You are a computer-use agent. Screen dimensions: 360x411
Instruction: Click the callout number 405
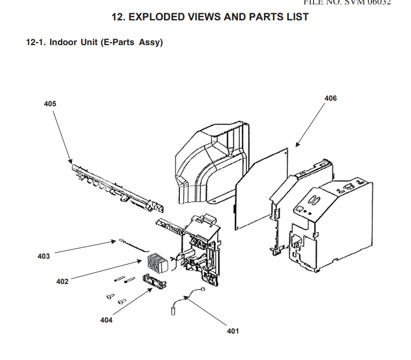tap(50, 103)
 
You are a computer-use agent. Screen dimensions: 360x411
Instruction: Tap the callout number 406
tap(331, 98)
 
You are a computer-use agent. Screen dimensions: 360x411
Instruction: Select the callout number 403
tap(43, 256)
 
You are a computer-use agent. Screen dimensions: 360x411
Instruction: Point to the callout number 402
tap(62, 281)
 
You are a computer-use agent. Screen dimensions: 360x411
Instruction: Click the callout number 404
tap(106, 320)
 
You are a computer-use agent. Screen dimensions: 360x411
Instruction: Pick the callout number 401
tap(233, 331)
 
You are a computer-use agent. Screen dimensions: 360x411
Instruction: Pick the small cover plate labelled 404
tap(156, 280)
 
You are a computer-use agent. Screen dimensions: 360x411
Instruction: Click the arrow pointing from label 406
tap(310, 124)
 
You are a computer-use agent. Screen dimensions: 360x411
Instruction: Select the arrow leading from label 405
tap(62, 134)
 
